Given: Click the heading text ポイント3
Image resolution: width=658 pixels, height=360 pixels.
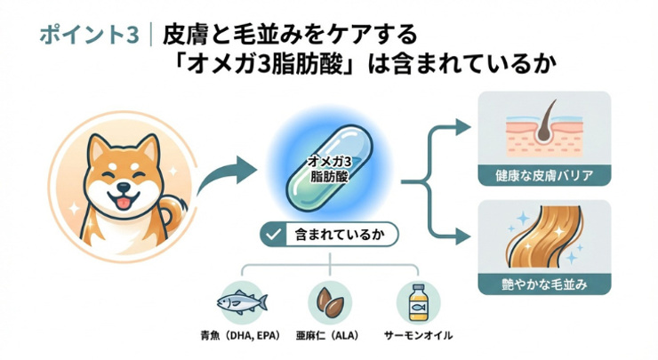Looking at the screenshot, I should [89, 35].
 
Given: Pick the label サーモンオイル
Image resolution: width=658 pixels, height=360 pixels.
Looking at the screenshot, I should [418, 336].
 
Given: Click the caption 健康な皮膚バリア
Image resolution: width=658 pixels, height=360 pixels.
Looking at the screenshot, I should [544, 174].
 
